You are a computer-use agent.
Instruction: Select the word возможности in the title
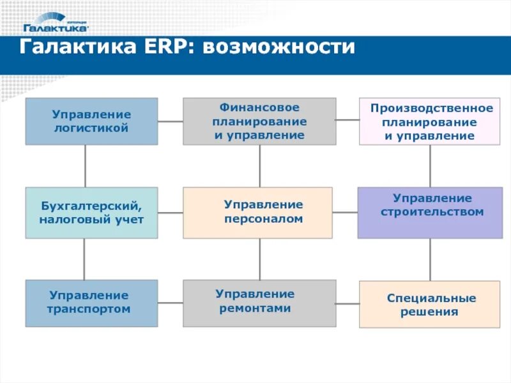[x=278, y=49]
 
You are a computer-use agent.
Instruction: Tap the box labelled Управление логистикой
[x=91, y=121]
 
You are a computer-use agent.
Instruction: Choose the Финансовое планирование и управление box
[x=259, y=121]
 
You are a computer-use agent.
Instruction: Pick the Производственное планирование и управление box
[x=430, y=121]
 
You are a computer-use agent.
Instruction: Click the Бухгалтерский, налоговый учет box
[x=91, y=213]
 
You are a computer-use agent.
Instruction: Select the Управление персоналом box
[x=257, y=213]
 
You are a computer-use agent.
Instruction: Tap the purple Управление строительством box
[x=430, y=213]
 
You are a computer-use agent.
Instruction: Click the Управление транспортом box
[x=91, y=303]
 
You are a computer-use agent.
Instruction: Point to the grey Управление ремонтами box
[x=259, y=303]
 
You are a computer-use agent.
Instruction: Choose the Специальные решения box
[x=430, y=304]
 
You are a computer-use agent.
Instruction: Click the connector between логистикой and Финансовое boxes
[x=171, y=121]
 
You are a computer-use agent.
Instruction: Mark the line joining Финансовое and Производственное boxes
[x=347, y=119]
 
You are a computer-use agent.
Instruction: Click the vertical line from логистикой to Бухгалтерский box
[x=85, y=166]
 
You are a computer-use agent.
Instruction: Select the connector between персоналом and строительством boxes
[x=345, y=212]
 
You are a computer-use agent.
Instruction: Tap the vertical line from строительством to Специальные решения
[x=430, y=260]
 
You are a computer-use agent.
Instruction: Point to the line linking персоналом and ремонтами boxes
[x=259, y=259]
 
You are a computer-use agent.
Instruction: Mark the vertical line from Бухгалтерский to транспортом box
[x=84, y=259]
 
